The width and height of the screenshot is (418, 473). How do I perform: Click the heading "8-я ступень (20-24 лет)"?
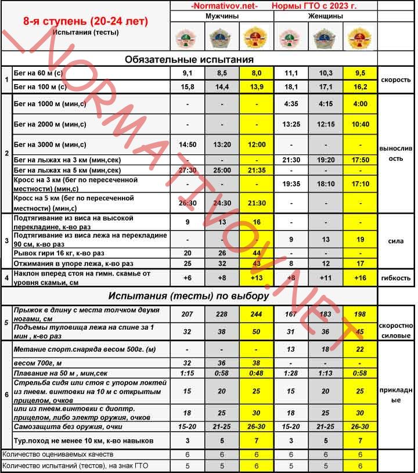tap(85, 22)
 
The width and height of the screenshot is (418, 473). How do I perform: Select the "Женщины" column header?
tap(325, 17)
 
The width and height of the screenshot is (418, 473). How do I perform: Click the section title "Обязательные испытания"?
tap(190, 59)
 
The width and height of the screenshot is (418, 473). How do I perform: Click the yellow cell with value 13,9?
tap(256, 86)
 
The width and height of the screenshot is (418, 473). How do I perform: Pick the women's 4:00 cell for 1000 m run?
tap(360, 104)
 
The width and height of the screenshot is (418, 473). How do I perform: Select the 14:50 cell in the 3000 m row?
tap(187, 145)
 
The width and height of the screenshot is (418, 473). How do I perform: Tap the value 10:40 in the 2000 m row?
tap(360, 124)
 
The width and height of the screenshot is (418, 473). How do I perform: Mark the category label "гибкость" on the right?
tap(397, 278)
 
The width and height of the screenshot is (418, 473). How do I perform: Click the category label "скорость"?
tap(397, 80)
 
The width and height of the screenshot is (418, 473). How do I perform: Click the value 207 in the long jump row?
tap(187, 314)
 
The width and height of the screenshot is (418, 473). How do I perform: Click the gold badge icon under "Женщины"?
tap(359, 38)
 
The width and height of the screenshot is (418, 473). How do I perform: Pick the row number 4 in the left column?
tap(6, 278)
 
